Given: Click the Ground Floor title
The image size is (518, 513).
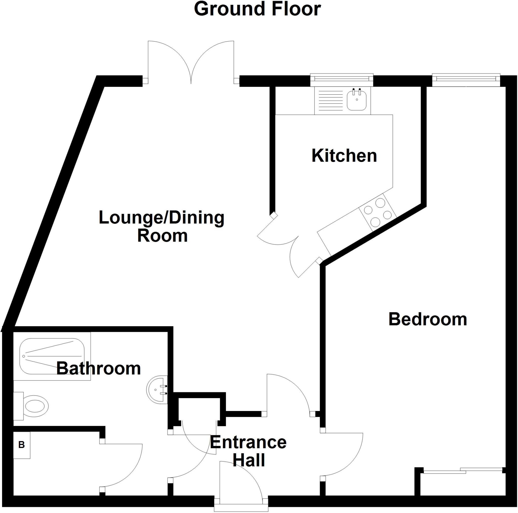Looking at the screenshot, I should (x=257, y=9).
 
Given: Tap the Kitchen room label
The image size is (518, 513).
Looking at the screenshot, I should (x=344, y=156).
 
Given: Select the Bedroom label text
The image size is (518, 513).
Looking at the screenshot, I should (x=428, y=320).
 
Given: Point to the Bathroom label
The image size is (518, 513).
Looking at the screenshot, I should (x=98, y=369).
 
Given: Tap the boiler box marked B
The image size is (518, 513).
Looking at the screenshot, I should (x=22, y=445).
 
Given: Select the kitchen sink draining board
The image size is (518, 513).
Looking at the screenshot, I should (x=330, y=101).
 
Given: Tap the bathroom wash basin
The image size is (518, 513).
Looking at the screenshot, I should (x=157, y=389).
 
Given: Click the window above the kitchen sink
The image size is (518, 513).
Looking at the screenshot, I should (x=341, y=78).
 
